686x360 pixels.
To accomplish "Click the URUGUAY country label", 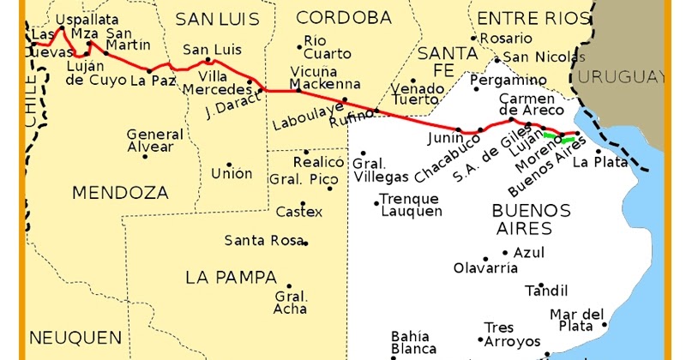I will point(622,76).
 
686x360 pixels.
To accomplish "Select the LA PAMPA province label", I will point(231,278).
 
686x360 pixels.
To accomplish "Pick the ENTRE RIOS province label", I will point(533,18).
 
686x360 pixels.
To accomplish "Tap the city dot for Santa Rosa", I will point(305,243).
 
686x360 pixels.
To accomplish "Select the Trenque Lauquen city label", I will point(411,205).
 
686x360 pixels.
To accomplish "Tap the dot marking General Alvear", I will point(145,156).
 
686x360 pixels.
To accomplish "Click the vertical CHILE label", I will point(32,103).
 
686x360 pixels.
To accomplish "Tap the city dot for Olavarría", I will point(484,258).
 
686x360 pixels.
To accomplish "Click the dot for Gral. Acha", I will point(289,287).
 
